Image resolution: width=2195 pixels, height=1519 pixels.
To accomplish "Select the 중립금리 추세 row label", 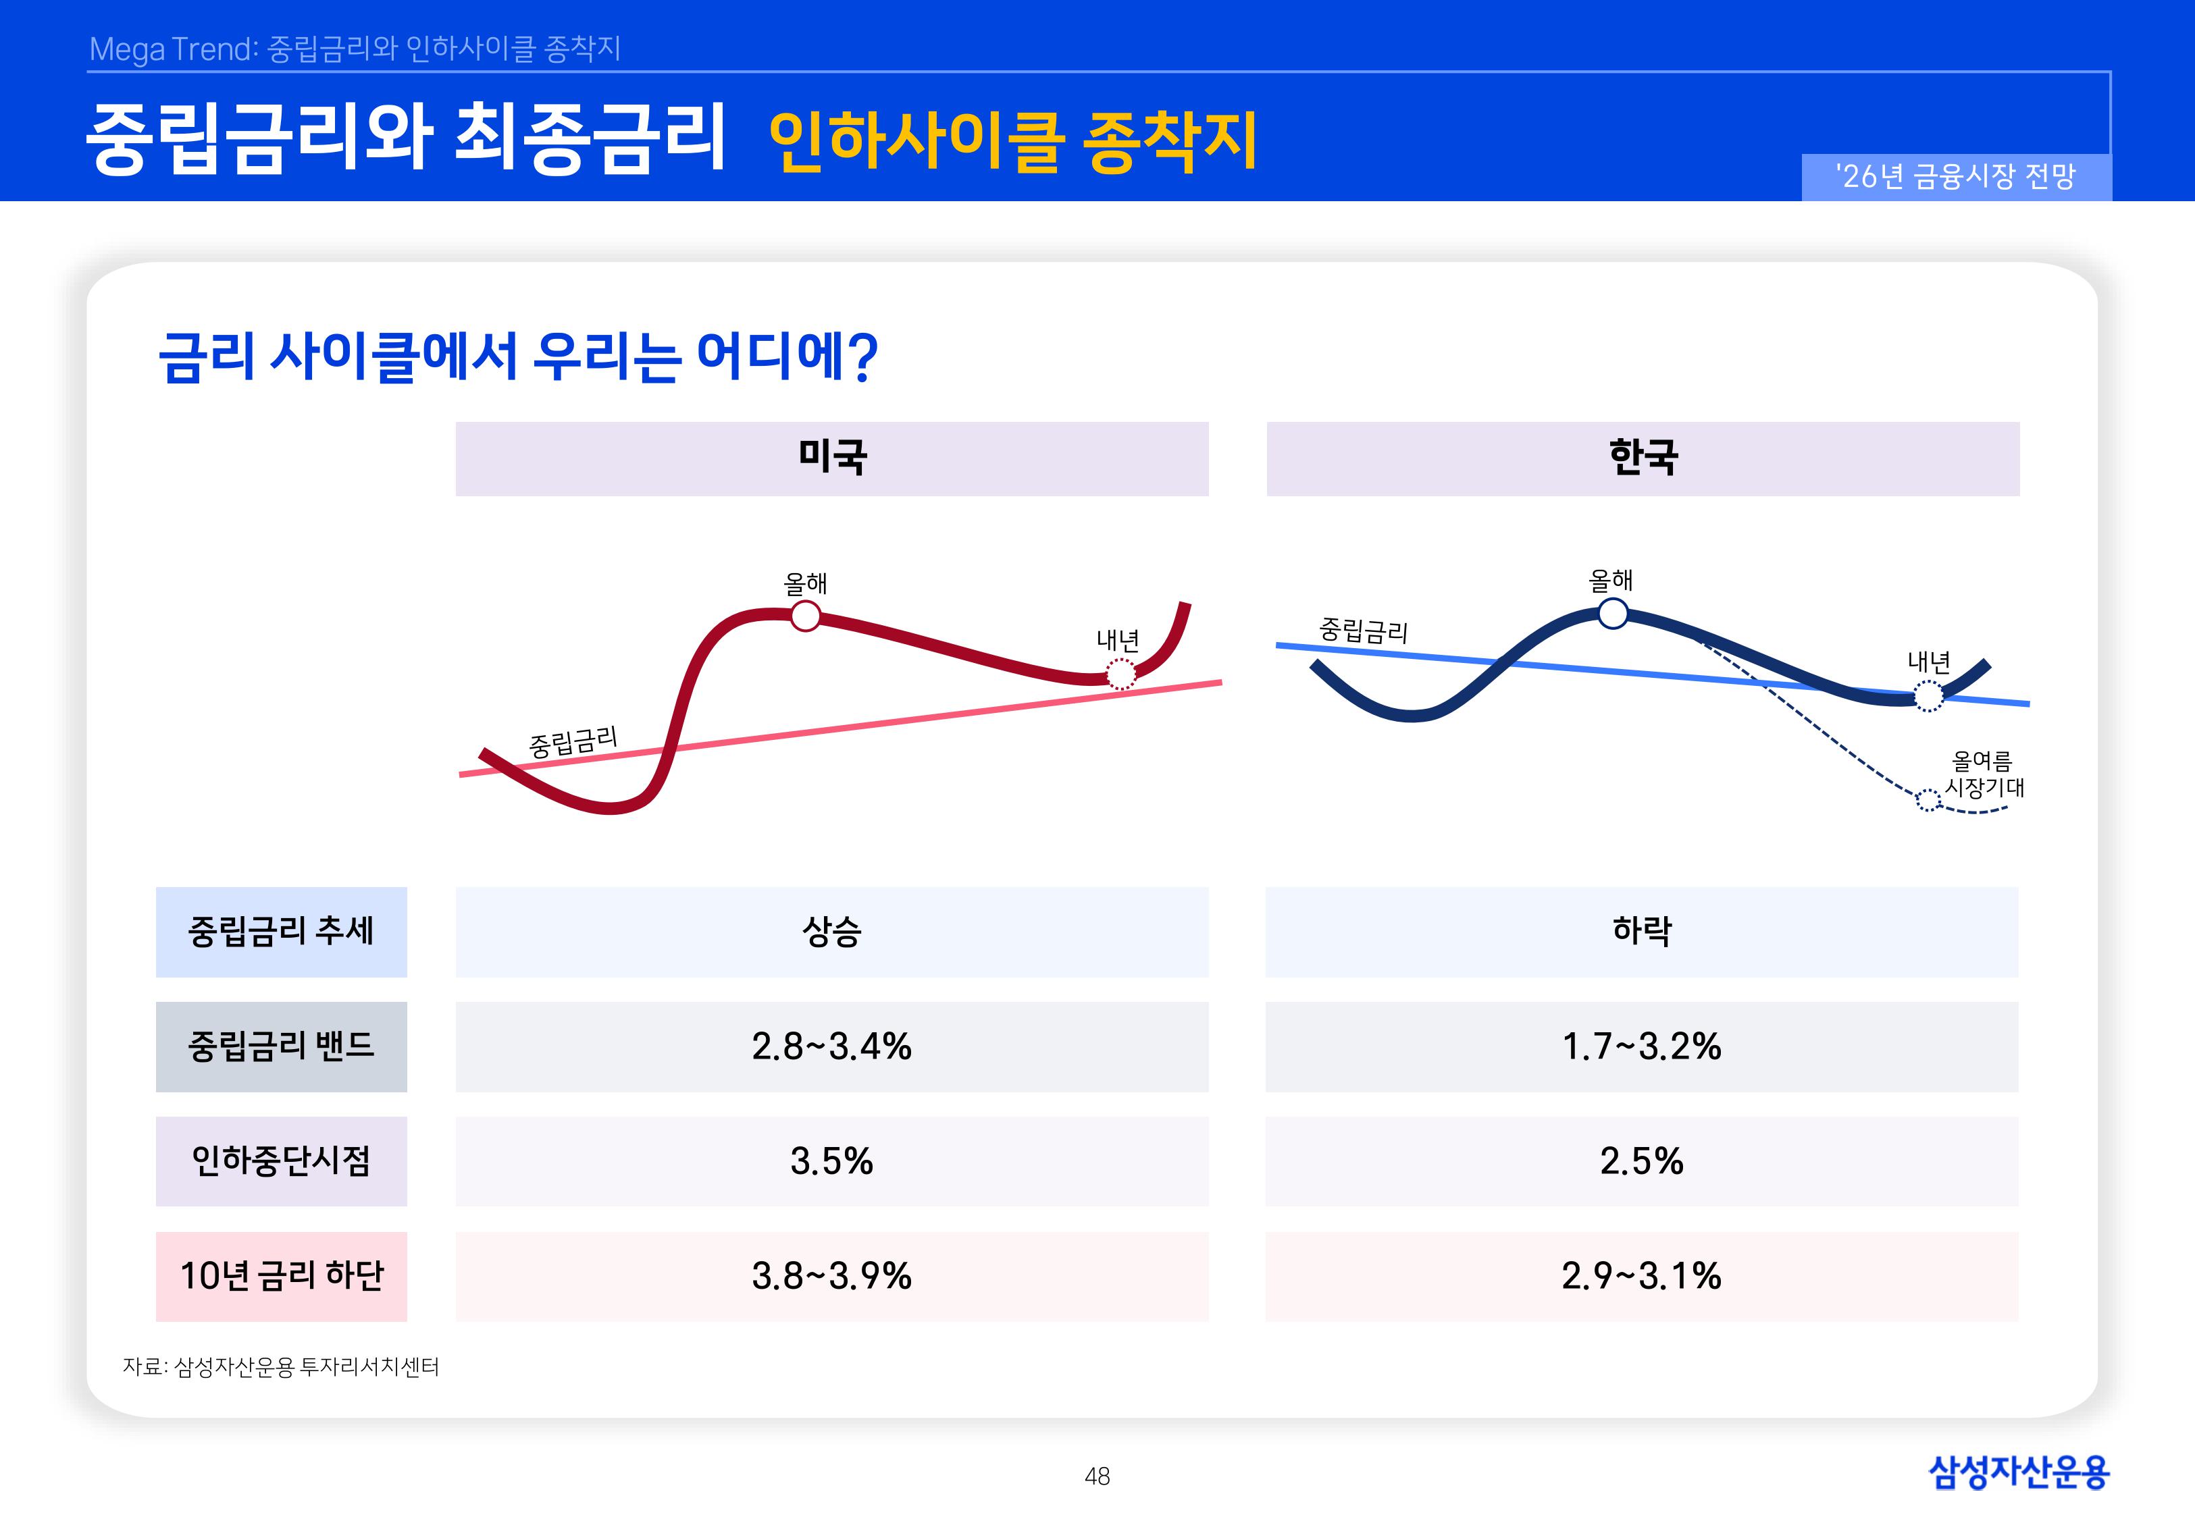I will click(x=281, y=931).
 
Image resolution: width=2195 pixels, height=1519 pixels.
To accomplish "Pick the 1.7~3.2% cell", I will click(x=1641, y=1046).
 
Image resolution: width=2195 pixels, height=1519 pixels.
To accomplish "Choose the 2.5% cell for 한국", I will click(x=1641, y=1161).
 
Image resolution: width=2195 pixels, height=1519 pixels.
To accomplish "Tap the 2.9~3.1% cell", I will click(x=1641, y=1275).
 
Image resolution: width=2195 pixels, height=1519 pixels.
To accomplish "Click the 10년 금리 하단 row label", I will click(x=281, y=1275).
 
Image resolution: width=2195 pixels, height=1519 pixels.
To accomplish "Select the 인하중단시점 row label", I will click(x=281, y=1161).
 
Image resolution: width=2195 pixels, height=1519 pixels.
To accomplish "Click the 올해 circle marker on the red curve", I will click(x=805, y=616).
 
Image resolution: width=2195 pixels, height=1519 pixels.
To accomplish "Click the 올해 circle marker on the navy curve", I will click(x=1612, y=614).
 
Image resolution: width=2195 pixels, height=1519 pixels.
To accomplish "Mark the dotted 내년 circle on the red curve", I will click(x=1120, y=674).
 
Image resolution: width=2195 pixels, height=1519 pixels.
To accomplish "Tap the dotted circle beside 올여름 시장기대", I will click(x=1928, y=801).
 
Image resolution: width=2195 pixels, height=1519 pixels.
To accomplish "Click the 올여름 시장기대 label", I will click(x=1983, y=774).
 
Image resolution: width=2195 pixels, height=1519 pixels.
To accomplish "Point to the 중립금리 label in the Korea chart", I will click(x=1362, y=630).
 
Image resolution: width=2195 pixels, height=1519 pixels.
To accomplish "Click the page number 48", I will click(x=1097, y=1476).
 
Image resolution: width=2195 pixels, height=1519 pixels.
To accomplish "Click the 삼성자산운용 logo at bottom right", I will click(x=2018, y=1472).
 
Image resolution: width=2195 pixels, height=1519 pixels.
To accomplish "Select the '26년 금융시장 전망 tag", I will click(x=1955, y=176).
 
